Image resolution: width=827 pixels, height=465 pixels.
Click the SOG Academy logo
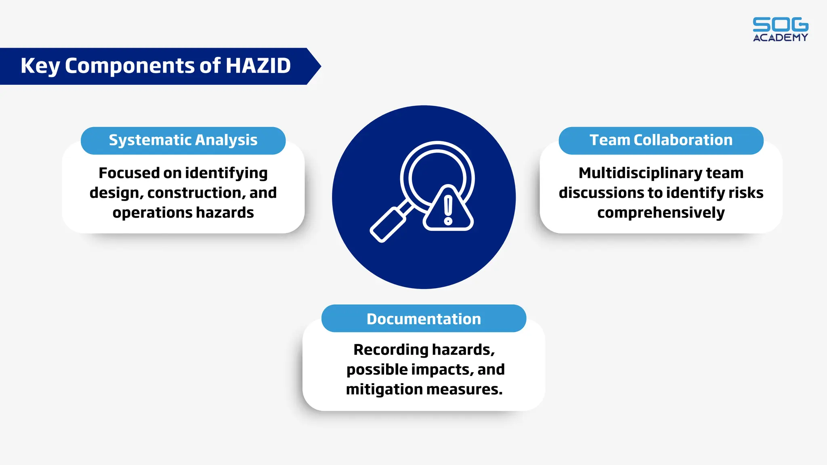coord(780,29)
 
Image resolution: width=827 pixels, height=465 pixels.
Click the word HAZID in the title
coord(258,66)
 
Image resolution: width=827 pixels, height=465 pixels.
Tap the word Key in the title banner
coord(40,66)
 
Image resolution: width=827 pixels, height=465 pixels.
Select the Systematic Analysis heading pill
coord(183,140)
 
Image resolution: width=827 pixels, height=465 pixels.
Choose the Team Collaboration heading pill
coord(661,140)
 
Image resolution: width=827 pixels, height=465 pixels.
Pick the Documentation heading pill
coord(424,319)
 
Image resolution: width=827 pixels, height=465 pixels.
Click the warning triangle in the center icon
coord(448,210)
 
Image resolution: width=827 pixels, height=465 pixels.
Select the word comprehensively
coord(661,213)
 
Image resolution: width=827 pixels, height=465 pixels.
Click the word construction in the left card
coord(196,193)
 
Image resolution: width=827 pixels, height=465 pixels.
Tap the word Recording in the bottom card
coord(385,350)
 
